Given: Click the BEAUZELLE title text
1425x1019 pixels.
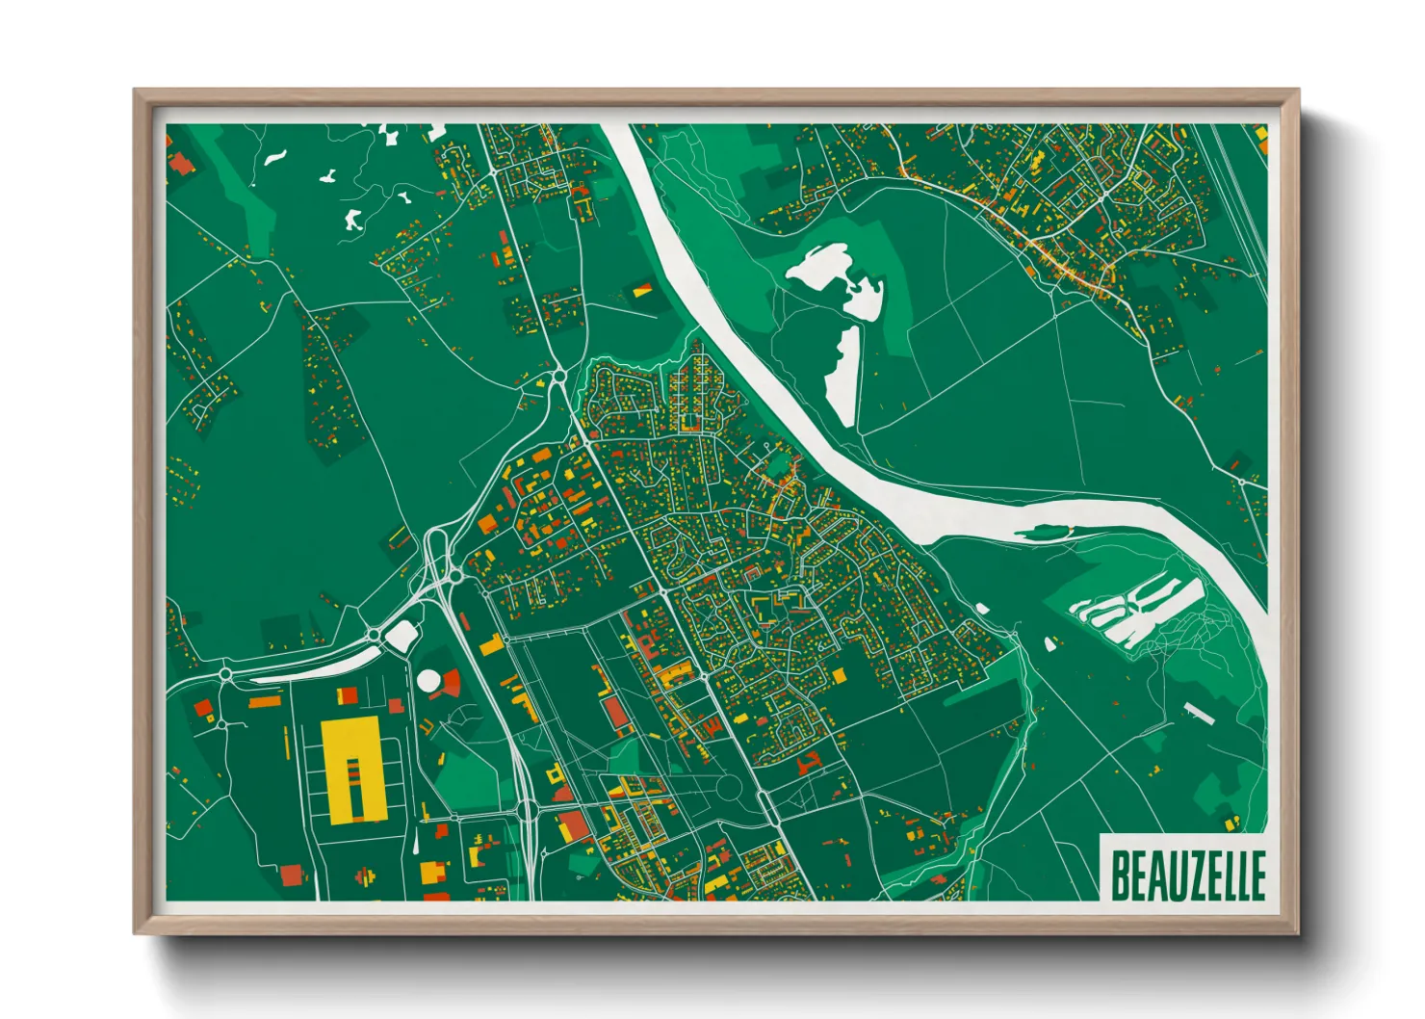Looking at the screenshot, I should (1187, 875).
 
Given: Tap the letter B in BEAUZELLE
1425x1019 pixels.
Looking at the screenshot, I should (1121, 875).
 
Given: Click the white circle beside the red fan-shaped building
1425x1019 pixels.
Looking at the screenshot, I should (427, 681).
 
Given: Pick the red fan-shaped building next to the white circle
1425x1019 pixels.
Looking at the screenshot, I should (449, 684).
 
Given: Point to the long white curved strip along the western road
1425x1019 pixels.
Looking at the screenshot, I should (318, 666).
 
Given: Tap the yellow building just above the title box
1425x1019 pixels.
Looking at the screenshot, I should (1231, 822).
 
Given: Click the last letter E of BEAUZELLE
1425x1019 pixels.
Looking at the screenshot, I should (1256, 875).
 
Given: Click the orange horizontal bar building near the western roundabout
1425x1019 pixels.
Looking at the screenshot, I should (265, 703).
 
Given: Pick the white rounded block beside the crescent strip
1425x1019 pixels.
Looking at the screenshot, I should (401, 634).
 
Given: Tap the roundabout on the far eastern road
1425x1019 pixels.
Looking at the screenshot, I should (1242, 481).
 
